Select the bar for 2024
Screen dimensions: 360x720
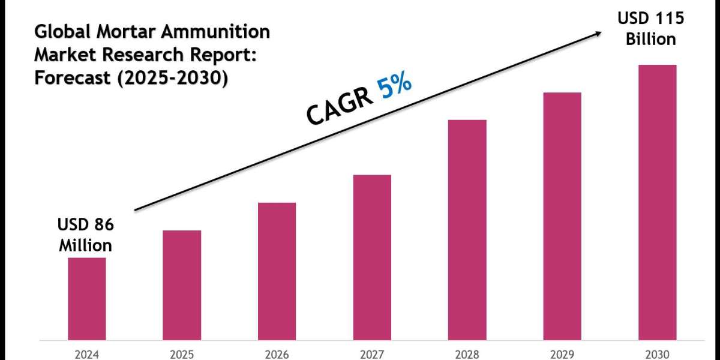[x=86, y=298]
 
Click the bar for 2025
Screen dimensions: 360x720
[x=182, y=284]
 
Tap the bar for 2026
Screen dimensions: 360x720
[x=277, y=271]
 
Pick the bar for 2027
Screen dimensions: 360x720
[x=372, y=257]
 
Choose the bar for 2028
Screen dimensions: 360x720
[x=467, y=229]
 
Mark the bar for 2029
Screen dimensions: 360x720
[x=562, y=215]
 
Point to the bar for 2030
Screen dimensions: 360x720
[x=657, y=202]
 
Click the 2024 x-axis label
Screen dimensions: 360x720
[x=86, y=353]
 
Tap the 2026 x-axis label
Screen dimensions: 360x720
[x=277, y=353]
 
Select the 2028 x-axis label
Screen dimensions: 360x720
[x=467, y=353]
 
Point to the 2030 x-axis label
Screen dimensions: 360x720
[x=657, y=353]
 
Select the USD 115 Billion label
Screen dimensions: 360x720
[x=651, y=29]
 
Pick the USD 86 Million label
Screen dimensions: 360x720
[x=85, y=235]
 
